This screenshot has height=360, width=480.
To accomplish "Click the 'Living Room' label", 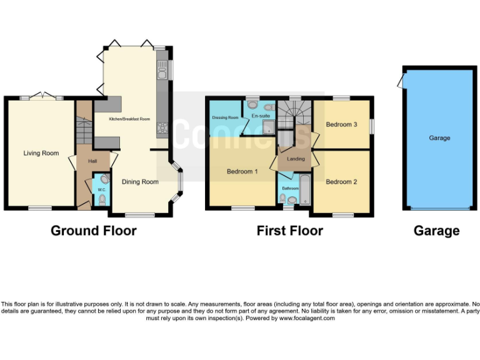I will tap(41, 153).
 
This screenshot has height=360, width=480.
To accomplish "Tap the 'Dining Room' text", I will tap(140, 182).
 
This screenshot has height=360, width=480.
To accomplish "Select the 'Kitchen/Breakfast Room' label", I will tap(129, 119).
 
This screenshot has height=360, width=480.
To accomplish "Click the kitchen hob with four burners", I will tap(162, 128).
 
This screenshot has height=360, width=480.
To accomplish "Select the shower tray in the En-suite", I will tap(267, 128).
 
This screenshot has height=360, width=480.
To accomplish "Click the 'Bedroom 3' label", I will tap(341, 124).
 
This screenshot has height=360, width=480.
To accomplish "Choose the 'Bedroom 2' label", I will tap(341, 182).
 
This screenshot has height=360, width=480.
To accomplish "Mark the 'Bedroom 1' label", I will tap(242, 171).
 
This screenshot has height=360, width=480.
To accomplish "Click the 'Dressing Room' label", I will tap(225, 117).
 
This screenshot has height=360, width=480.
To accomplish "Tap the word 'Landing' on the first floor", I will tap(296, 159).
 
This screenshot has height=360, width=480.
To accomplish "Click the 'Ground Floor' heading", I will tap(94, 231).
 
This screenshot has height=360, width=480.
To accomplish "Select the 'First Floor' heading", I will tap(289, 231).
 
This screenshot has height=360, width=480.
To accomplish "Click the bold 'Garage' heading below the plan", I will tap(436, 231).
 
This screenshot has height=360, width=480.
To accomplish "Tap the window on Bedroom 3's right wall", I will tap(372, 125).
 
